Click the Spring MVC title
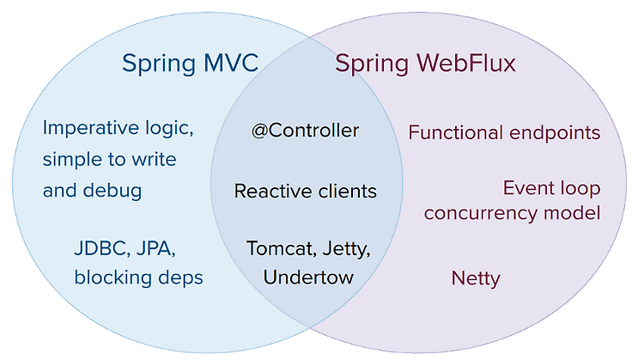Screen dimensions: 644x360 (190, 64)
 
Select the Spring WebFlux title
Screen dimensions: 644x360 (425, 64)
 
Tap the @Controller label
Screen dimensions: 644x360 (305, 131)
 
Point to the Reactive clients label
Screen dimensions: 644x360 (305, 191)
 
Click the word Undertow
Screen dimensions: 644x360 (308, 278)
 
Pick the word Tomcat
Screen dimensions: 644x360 (282, 248)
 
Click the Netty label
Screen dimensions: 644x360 (476, 278)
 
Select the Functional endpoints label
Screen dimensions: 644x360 (504, 132)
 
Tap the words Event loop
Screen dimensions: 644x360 (552, 189)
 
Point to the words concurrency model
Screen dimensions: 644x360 (512, 213)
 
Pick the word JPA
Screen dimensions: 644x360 (155, 248)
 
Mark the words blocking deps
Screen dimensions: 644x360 (139, 278)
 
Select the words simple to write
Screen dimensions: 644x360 (109, 160)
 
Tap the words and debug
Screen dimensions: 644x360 (92, 191)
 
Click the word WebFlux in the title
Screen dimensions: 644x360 (465, 63)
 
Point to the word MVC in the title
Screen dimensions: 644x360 (231, 63)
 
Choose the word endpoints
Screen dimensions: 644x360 (555, 133)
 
